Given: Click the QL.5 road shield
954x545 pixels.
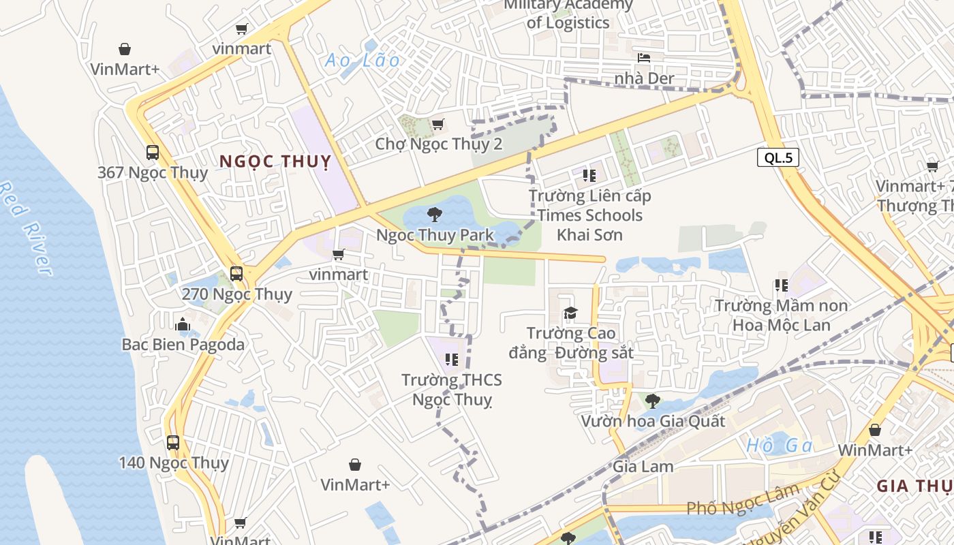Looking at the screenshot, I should pos(778,158).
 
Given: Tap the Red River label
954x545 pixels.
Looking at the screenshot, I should pos(26,228).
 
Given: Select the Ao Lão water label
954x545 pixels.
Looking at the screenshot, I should pos(363,60).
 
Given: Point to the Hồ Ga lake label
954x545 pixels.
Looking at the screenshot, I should pos(780,446).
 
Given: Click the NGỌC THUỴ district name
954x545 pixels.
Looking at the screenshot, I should pos(275,161).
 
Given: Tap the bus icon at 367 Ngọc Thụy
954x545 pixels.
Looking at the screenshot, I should pos(153,153).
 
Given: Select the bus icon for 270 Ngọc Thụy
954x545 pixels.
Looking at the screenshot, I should pos(236,274).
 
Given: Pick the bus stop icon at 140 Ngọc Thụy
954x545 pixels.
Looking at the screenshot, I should pos(173,443).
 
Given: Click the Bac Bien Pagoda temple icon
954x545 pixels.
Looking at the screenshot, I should pos(182,325).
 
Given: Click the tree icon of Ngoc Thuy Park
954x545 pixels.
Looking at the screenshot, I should pos(434,215).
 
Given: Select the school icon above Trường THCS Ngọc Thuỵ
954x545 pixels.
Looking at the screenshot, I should pos(451,359).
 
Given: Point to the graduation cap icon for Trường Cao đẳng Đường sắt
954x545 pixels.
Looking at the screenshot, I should pos(570,313).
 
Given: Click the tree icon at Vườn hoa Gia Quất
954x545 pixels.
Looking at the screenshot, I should pos(652,401).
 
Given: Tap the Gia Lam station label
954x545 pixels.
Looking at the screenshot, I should pos(643,467).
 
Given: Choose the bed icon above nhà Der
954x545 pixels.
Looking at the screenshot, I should pos(643,58).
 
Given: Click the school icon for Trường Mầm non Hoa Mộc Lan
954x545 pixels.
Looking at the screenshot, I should pos(781,285).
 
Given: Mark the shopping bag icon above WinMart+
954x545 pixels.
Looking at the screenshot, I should pos(875,431).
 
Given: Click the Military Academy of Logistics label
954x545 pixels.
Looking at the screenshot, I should pos(568,14).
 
